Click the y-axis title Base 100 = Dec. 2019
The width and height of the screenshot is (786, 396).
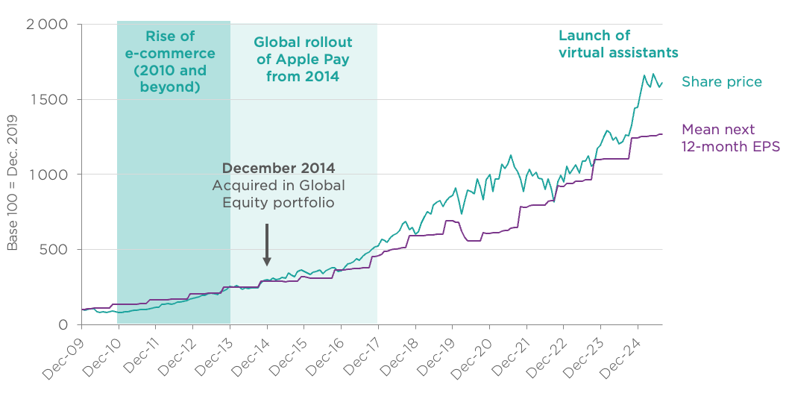[x=13, y=189]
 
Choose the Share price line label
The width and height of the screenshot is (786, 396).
[x=721, y=82]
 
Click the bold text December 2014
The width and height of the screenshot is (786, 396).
[x=278, y=167]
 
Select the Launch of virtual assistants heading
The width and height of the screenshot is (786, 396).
[x=617, y=44]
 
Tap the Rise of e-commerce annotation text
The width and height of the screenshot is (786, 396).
[x=174, y=62]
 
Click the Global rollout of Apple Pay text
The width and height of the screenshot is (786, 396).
[x=303, y=59]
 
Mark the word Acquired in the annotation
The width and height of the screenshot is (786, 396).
[x=240, y=185]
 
